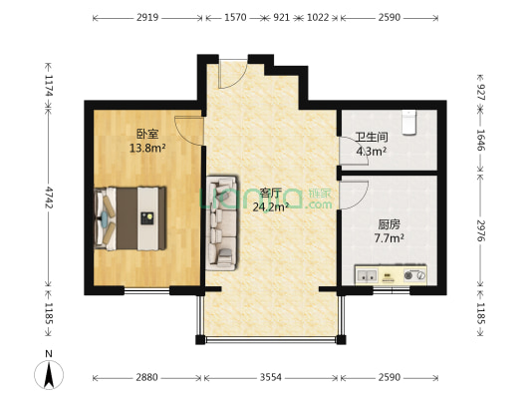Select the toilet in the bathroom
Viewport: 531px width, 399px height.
406,122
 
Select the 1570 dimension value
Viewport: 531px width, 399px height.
235,18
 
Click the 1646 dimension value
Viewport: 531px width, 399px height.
481,140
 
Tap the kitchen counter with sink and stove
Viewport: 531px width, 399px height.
391,273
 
